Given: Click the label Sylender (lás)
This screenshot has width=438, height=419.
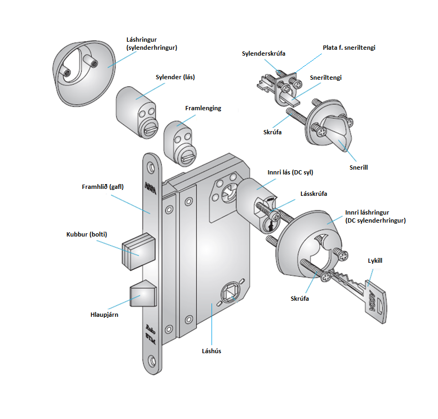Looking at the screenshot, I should click(x=175, y=77).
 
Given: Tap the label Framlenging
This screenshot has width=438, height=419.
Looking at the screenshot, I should click(x=203, y=108).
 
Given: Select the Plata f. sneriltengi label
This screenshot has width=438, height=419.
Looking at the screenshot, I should click(x=349, y=48).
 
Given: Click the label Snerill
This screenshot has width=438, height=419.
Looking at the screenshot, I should click(x=358, y=167).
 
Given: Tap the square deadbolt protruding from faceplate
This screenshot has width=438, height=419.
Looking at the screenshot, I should click(x=139, y=252).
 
